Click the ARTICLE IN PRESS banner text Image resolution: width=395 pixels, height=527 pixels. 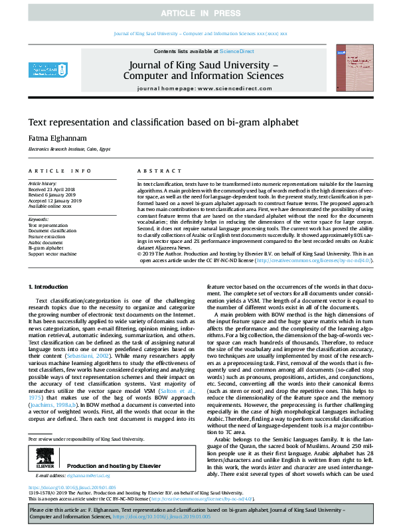[197, 13]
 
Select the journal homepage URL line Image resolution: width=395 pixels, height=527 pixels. [202, 88]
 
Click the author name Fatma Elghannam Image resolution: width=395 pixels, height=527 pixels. [52, 137]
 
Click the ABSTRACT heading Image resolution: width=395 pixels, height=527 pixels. [154, 171]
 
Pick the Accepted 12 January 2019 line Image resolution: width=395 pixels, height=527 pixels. [54, 200]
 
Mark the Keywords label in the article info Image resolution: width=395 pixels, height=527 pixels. [39, 218]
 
